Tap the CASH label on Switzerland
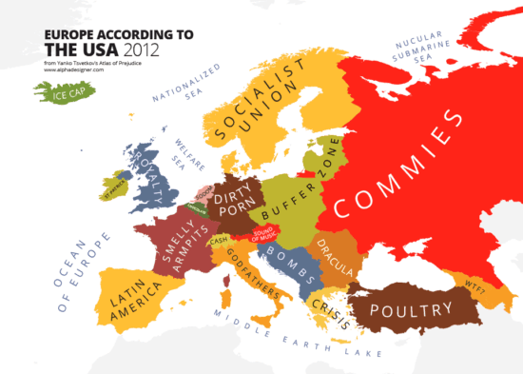coord(218,240)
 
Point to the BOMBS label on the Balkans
coord(289,260)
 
